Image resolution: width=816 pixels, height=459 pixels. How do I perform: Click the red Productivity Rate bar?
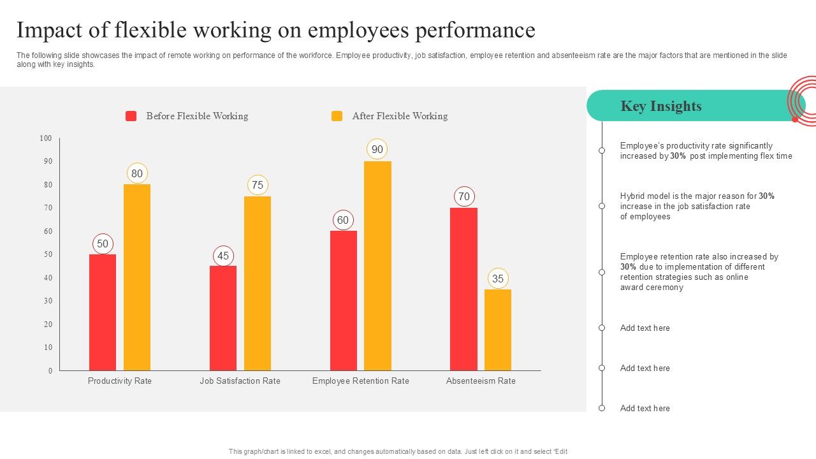[x=103, y=312]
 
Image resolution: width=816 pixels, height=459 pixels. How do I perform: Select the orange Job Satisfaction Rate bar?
[x=258, y=283]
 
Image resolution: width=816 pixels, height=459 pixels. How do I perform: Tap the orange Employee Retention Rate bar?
[x=377, y=266]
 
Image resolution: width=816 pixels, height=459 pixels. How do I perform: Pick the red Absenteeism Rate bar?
[x=463, y=289]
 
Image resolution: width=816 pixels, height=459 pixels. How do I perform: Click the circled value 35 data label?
[x=498, y=279]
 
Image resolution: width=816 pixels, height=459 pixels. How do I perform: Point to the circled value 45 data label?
[x=223, y=256]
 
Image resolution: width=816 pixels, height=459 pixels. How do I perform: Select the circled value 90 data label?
[x=377, y=149]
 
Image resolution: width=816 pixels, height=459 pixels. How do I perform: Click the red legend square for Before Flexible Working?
[x=131, y=116]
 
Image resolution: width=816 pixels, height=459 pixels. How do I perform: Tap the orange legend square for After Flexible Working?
[x=337, y=116]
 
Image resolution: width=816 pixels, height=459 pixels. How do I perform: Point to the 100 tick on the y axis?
[x=45, y=138]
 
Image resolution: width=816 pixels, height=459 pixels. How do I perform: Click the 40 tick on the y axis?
[x=48, y=278]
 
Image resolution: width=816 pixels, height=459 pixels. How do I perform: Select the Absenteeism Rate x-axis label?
[x=481, y=381]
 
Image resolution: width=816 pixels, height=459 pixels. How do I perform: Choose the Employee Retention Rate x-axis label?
[x=361, y=381]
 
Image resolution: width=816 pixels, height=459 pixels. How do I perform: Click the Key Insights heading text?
[x=661, y=106]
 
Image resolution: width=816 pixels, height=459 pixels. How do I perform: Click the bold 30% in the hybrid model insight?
[x=767, y=196]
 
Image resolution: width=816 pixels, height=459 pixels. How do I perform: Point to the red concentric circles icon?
[x=802, y=101]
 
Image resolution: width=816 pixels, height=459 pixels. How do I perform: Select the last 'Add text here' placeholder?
[x=645, y=408]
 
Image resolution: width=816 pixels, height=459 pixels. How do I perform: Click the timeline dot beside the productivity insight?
[x=602, y=150]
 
